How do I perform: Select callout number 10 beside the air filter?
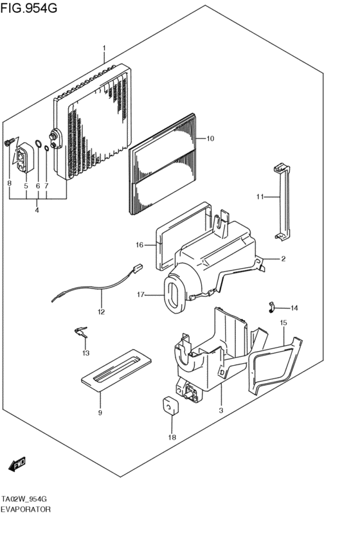point(210,138)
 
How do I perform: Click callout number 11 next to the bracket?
point(260,196)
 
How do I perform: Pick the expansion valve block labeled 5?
point(25,158)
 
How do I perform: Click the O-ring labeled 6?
point(38,144)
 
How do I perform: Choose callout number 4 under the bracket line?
point(37,210)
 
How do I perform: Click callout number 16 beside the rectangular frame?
point(139,244)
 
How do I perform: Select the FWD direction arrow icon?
point(18,463)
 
